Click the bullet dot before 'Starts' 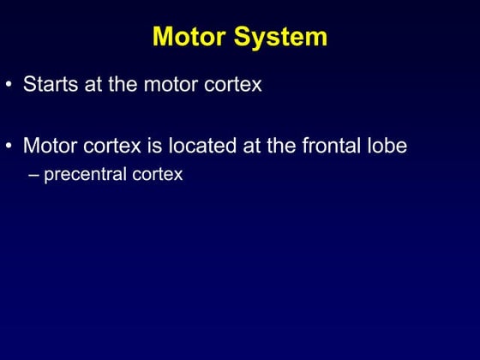(x=9, y=86)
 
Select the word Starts (x=49, y=85)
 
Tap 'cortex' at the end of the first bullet (x=233, y=85)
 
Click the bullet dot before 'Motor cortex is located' (x=9, y=146)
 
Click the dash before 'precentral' (x=34, y=175)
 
